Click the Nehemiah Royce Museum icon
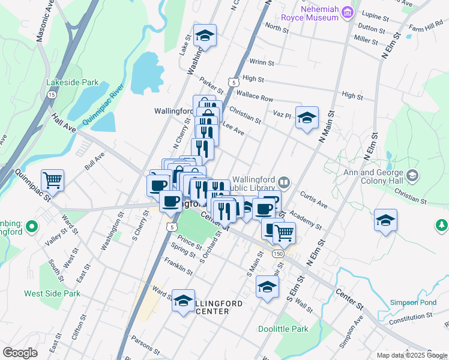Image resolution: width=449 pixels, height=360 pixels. click(x=347, y=12)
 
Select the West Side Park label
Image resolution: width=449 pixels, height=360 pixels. click(x=52, y=293)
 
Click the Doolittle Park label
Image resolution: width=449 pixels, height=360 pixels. click(x=283, y=329)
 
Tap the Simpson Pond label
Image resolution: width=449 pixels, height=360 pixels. click(x=412, y=302)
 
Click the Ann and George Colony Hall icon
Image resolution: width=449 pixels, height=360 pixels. click(x=412, y=175)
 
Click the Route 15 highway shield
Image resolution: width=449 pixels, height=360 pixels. click(x=52, y=95)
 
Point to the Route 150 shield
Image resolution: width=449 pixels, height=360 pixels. click(x=277, y=254)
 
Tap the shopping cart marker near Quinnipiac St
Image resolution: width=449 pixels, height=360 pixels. click(x=53, y=179)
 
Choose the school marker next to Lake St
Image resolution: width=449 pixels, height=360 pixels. click(x=205, y=36)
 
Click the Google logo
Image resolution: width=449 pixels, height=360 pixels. click(x=20, y=352)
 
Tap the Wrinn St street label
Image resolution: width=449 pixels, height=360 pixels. click(x=262, y=62)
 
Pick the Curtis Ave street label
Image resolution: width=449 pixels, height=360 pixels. click(x=313, y=200)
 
